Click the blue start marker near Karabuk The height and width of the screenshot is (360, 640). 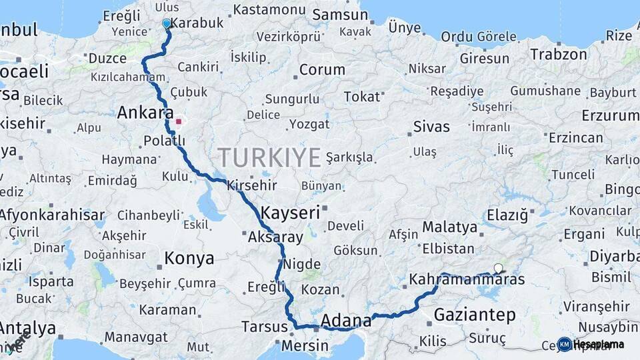click(x=166, y=23)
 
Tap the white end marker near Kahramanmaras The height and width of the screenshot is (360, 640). click(x=498, y=269)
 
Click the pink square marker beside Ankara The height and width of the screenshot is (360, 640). click(x=178, y=122)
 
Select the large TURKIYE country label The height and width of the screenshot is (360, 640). click(x=269, y=157)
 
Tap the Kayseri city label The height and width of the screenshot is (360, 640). click(x=291, y=213)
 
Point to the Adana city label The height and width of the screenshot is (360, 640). click(x=346, y=321)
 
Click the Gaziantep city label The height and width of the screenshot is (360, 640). click(x=475, y=314)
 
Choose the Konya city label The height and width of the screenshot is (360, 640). click(x=189, y=258)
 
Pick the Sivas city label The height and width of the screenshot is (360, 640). click(x=431, y=126)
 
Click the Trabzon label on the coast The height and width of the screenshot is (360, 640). click(x=559, y=55)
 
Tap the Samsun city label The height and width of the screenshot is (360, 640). click(x=335, y=15)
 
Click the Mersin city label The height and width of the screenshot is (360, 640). click(x=305, y=346)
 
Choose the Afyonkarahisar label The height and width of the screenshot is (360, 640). click(x=52, y=215)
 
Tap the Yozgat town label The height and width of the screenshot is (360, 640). click(x=310, y=124)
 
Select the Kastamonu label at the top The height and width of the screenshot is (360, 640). click(x=260, y=10)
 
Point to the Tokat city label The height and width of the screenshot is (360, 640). click(x=361, y=97)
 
